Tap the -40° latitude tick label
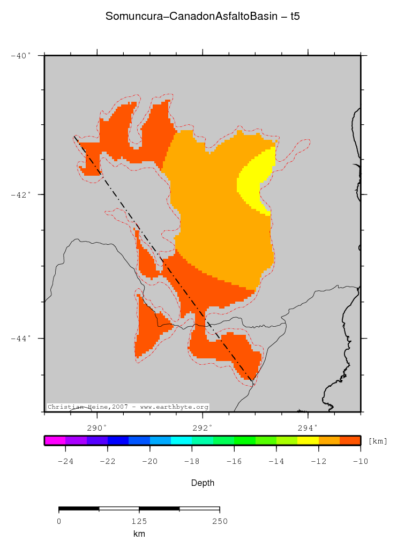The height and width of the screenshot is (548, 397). point(21,55)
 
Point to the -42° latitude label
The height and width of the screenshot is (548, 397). point(21,194)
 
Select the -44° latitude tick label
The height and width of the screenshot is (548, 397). point(21,338)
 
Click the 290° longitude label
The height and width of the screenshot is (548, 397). point(97,427)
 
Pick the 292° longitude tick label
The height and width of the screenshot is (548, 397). point(203,427)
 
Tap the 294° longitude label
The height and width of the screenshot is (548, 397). point(308,427)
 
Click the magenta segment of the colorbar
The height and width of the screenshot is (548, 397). point(55,440)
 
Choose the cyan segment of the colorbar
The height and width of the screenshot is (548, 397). point(181,440)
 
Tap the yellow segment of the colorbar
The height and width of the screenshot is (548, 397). point(308,440)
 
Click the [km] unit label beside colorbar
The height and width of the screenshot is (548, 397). point(378,441)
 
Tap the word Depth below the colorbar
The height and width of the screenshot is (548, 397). point(203,483)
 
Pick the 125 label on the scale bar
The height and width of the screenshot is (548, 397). point(139,521)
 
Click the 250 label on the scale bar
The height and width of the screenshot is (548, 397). point(220,521)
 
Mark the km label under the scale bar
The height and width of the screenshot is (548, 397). point(139,534)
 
